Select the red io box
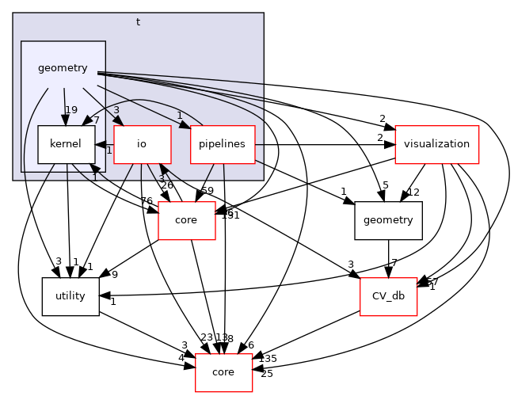pos(142,144)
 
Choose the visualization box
pos(436,144)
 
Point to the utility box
pos(70,296)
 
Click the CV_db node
pos(389,296)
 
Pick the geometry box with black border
pos(388,220)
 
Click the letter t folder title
pos(138,22)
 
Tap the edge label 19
pos(71,111)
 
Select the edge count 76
pos(147,201)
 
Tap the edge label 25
pos(267,373)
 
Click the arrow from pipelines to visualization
pos(325,144)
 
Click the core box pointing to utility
pos(187,220)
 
